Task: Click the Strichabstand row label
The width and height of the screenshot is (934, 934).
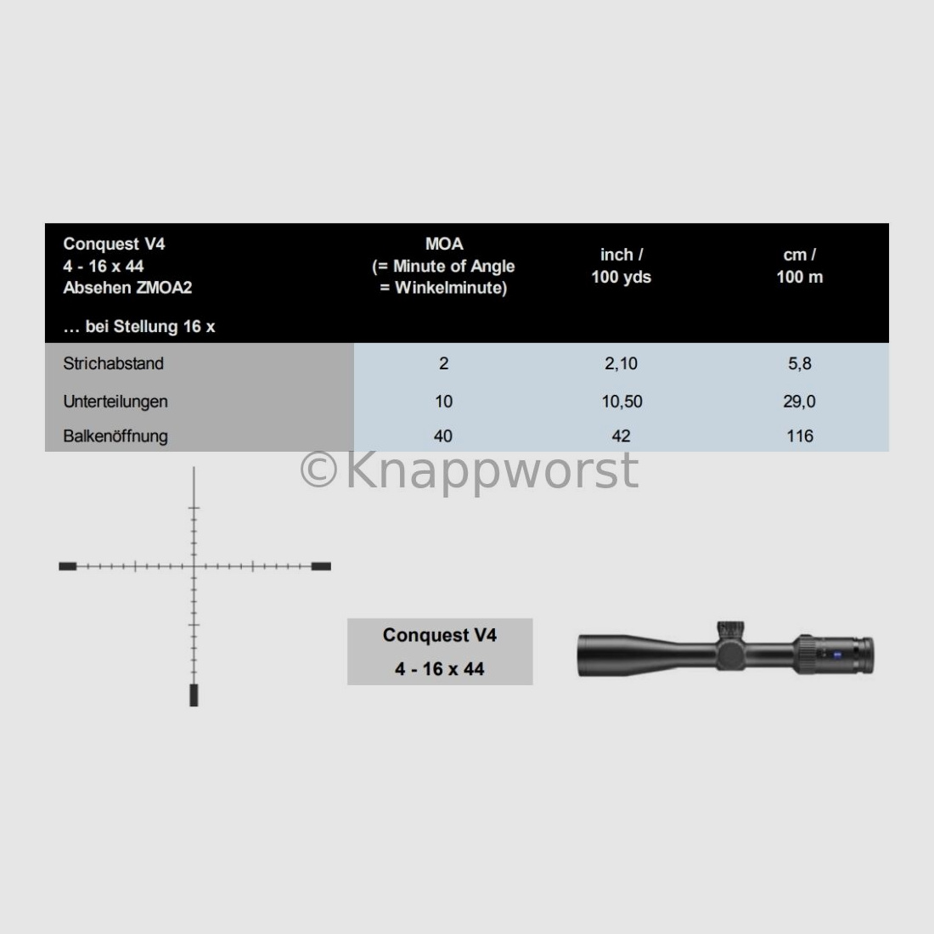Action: (x=113, y=363)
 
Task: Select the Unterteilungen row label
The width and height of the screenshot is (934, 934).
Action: (x=115, y=402)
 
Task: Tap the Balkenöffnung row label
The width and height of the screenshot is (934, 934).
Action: (x=115, y=436)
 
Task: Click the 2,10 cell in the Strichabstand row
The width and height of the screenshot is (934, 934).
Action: (x=621, y=363)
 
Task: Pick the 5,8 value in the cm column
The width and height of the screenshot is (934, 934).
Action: (x=799, y=363)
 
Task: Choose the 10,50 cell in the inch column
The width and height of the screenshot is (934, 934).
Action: (x=622, y=402)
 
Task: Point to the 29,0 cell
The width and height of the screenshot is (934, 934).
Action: (x=799, y=402)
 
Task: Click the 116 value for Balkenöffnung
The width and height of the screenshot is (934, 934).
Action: (x=799, y=436)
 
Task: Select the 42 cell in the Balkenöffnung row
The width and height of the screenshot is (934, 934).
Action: (x=621, y=436)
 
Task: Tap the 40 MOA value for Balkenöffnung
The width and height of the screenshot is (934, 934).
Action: (x=443, y=436)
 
